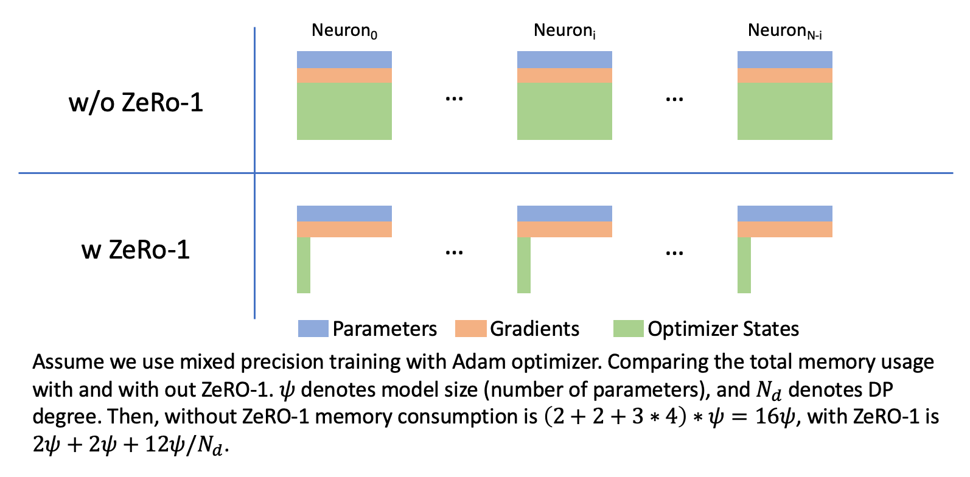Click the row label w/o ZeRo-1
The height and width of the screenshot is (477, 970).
coord(136,102)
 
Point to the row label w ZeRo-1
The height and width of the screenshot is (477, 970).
coord(136,249)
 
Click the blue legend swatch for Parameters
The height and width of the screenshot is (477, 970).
coord(313,329)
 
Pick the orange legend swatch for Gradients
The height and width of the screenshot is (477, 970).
coord(470,329)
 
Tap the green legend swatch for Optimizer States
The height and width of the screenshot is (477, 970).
coord(628,329)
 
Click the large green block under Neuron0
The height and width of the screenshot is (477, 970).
coord(344,111)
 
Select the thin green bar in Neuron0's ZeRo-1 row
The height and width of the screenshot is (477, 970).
coord(304,265)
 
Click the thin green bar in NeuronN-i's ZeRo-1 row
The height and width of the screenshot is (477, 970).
coord(744,265)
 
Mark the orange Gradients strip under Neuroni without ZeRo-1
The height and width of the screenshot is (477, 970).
coord(564,75)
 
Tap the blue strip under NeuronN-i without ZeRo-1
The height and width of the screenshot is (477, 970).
coord(784,60)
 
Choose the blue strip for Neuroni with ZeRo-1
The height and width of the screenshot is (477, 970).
coord(564,214)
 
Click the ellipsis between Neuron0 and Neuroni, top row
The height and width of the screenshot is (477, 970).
coord(454,99)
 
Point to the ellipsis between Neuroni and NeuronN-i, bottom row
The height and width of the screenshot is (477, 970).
coord(674,252)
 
